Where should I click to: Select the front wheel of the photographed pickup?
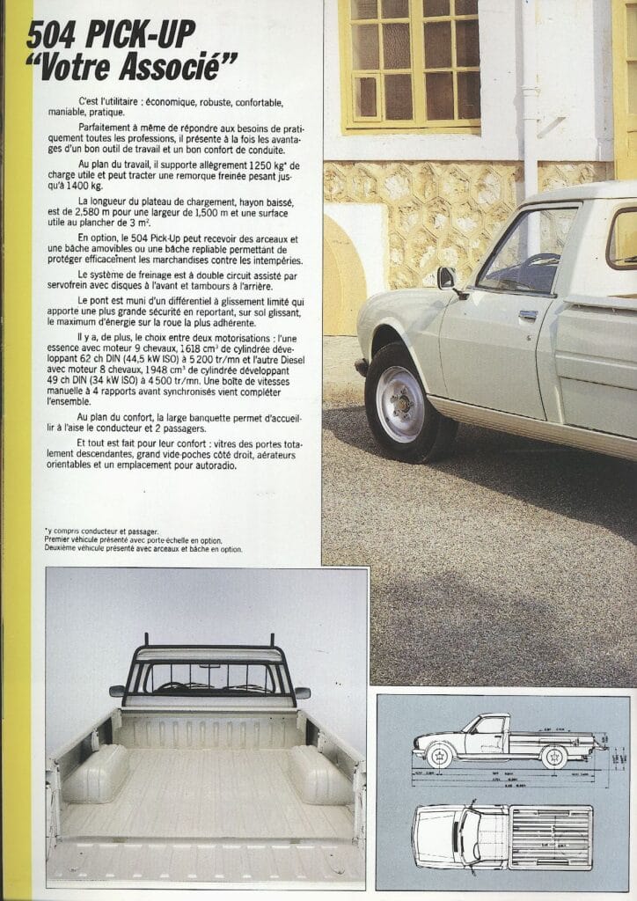(400, 403)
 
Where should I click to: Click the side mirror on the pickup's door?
(447, 279)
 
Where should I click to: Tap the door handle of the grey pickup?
(528, 314)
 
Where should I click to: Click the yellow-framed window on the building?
(410, 63)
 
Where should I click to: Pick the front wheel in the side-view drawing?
(439, 756)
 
